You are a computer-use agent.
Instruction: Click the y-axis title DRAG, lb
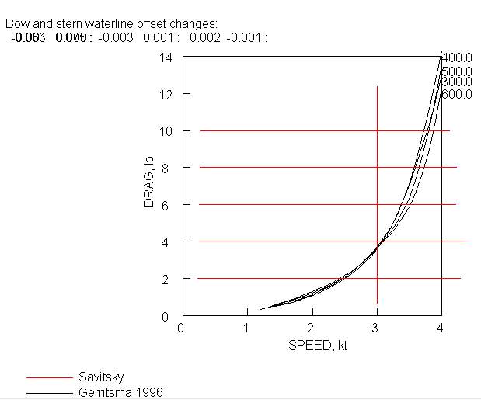point(150,183)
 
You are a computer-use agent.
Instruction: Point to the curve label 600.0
point(458,94)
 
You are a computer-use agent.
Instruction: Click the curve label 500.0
point(458,71)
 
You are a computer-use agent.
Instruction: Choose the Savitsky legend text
point(100,377)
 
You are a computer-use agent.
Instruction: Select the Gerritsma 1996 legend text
point(121,392)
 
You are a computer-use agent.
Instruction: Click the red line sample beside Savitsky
point(49,377)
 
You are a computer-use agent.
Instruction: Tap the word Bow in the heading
point(16,23)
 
